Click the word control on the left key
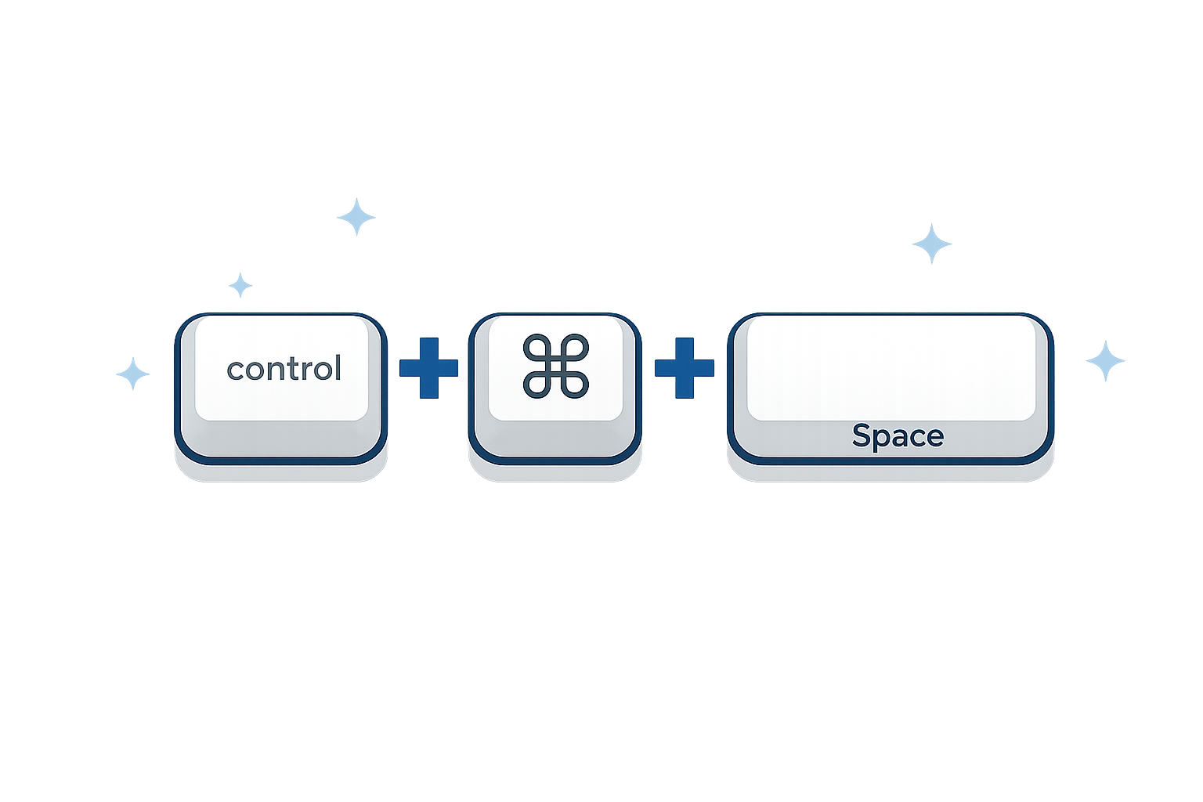284,369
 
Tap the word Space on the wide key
898,435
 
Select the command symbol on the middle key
555,366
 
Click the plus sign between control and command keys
428,367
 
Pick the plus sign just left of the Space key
684,367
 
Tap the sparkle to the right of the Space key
1105,361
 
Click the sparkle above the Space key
932,245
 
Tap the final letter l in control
338,367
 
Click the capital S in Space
862,435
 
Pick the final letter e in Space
935,437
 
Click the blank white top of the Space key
891,367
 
